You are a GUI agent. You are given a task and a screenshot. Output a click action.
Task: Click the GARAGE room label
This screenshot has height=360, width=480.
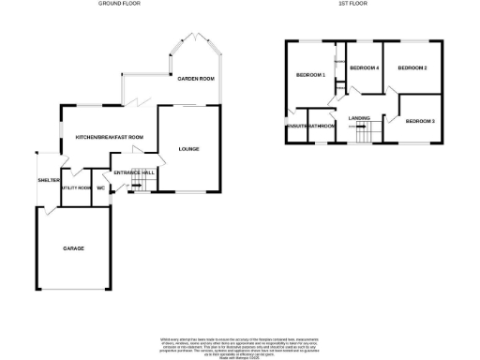coord(73,248)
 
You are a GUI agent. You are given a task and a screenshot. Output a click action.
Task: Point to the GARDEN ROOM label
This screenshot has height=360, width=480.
coord(197,79)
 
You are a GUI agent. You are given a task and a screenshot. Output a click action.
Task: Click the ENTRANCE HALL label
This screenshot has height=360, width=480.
coord(134,172)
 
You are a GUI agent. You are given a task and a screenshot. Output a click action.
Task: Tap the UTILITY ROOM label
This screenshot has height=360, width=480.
coord(74,188)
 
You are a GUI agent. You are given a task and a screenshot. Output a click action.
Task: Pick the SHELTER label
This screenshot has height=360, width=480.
coord(49,180)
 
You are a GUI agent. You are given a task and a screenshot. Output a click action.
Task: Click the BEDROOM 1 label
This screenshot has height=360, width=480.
coord(309,75)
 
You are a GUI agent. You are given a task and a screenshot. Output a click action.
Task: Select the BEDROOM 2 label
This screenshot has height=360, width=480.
coord(412,68)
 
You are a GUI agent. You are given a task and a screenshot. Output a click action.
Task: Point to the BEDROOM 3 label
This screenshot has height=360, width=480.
coord(420,122)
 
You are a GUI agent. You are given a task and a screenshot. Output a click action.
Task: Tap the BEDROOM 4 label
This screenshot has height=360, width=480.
coord(364,68)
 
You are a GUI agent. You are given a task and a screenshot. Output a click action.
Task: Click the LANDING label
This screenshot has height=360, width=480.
coord(359,117)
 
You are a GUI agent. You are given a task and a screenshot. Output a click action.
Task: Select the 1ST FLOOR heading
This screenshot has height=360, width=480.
coord(352,4)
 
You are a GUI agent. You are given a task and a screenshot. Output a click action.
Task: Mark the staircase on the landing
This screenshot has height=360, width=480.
coord(364,134)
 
